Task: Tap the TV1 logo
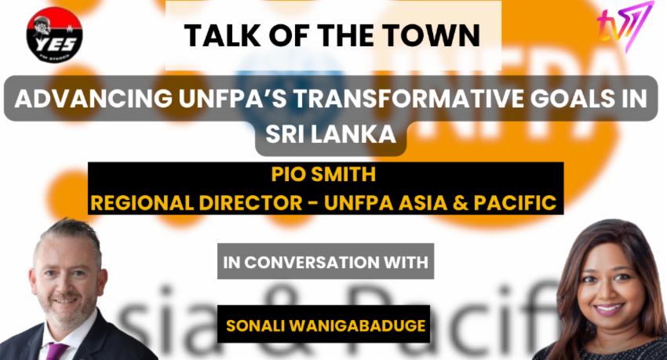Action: [625, 27]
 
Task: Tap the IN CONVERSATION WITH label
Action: [325, 262]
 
